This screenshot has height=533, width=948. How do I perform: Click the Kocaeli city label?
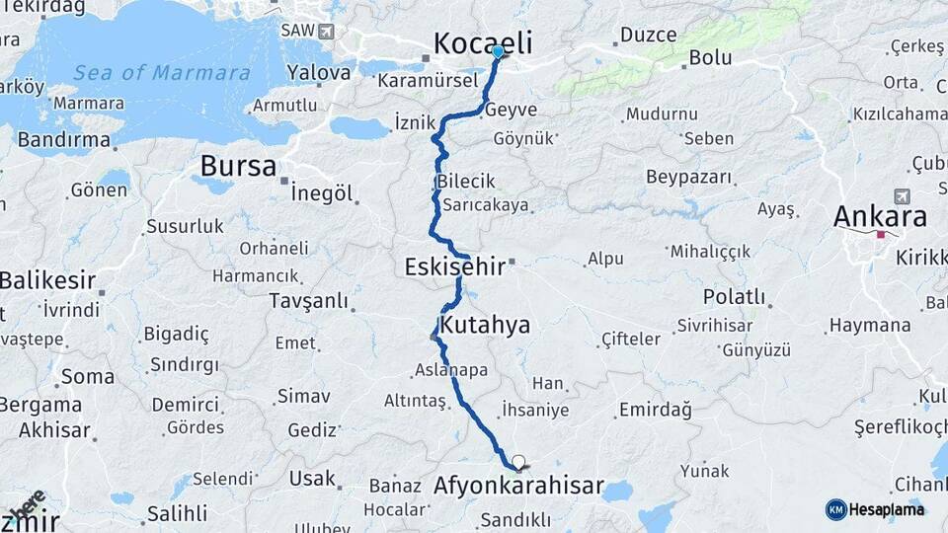tap(483, 42)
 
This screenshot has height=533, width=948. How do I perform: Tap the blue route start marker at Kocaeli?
tap(498, 51)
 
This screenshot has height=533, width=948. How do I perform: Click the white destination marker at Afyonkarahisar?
tap(517, 461)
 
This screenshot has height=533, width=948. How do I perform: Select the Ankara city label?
tap(880, 216)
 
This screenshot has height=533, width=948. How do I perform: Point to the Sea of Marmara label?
tap(162, 72)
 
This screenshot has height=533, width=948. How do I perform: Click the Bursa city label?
tap(238, 165)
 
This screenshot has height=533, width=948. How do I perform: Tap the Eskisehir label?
tap(454, 266)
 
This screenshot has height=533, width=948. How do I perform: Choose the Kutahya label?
tap(485, 325)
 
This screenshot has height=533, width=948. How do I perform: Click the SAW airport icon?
tap(325, 31)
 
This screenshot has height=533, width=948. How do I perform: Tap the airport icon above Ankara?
tap(901, 196)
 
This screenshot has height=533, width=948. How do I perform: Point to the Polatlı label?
tap(734, 296)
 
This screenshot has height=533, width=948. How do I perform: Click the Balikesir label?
tap(47, 280)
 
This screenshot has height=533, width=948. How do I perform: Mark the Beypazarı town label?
tap(689, 177)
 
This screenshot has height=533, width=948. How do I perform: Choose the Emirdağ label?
tap(655, 410)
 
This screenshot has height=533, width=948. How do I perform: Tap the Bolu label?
tap(710, 57)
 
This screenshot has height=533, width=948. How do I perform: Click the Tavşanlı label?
tap(309, 299)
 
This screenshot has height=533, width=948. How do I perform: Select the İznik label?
tap(415, 123)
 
